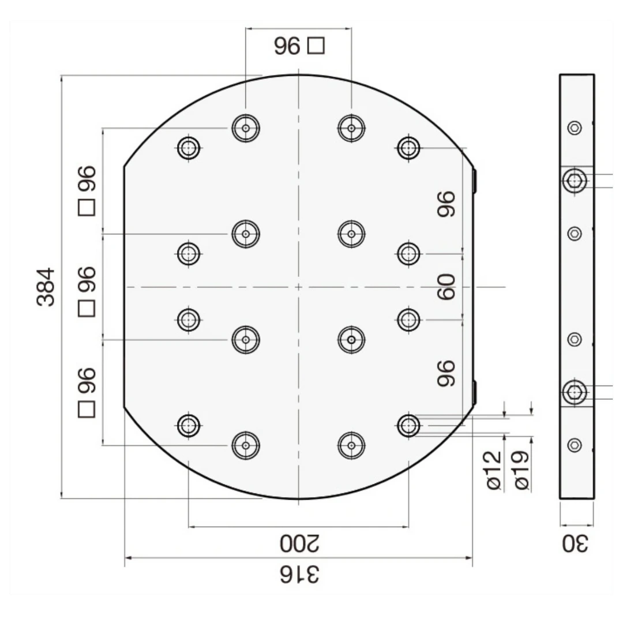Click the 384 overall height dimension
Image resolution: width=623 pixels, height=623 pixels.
[46, 287]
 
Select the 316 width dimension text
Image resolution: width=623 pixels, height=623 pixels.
[299, 575]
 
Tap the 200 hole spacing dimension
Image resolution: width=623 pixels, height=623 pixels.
[299, 543]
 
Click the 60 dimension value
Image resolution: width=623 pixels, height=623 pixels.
[446, 287]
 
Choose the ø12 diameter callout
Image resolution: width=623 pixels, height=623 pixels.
[494, 470]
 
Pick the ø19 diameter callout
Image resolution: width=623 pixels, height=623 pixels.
[522, 470]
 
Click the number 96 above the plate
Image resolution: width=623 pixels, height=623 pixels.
[287, 46]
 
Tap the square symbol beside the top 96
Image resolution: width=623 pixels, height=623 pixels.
[316, 46]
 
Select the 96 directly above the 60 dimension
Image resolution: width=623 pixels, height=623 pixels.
[446, 204]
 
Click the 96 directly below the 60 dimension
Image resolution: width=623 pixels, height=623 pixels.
[446, 373]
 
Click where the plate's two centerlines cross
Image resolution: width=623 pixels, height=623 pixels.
[298, 287]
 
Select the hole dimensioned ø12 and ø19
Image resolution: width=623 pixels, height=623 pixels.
[408, 426]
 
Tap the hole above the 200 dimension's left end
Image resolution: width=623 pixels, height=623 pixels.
[188, 426]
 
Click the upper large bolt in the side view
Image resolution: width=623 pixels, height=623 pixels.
[574, 181]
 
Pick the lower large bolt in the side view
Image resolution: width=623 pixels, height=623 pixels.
[574, 392]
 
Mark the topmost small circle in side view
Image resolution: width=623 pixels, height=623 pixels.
[574, 128]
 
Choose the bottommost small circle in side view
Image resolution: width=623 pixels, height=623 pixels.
[574, 445]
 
